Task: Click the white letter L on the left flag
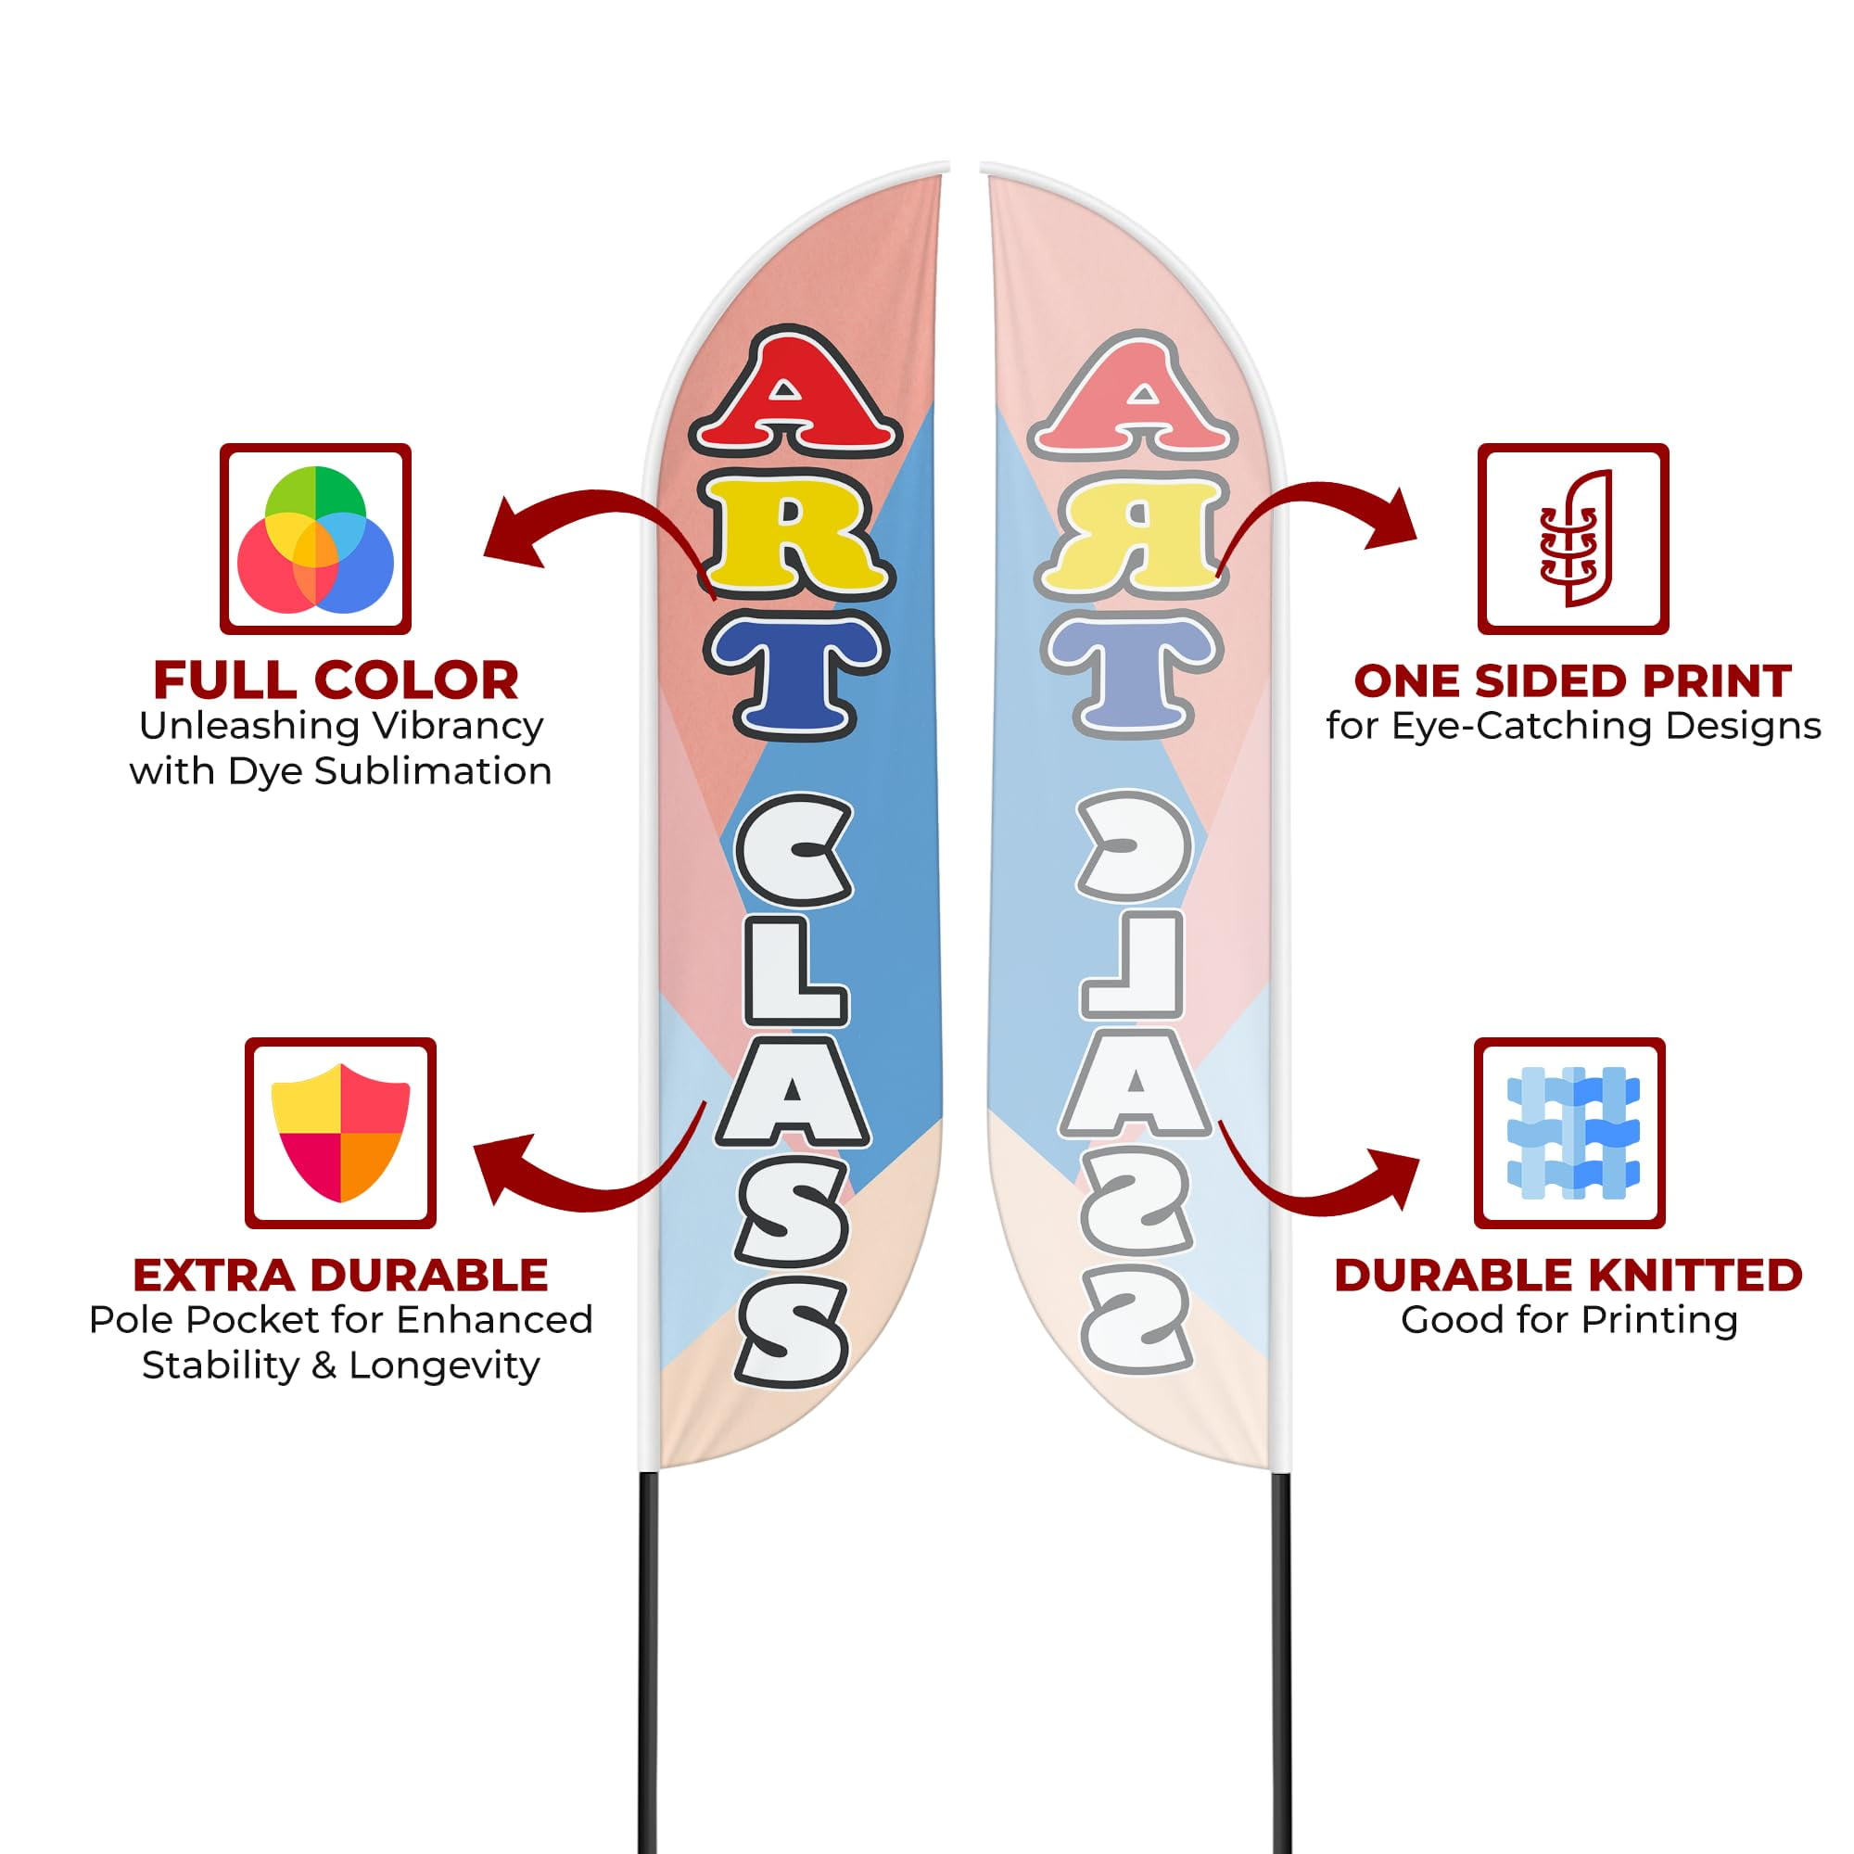click(x=793, y=972)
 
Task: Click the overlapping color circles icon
click(x=316, y=540)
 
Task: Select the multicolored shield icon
click(x=340, y=1133)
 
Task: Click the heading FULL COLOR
click(x=336, y=680)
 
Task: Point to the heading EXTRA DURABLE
click(x=340, y=1276)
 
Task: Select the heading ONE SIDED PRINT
click(x=1573, y=680)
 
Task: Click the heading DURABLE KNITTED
click(x=1569, y=1276)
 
